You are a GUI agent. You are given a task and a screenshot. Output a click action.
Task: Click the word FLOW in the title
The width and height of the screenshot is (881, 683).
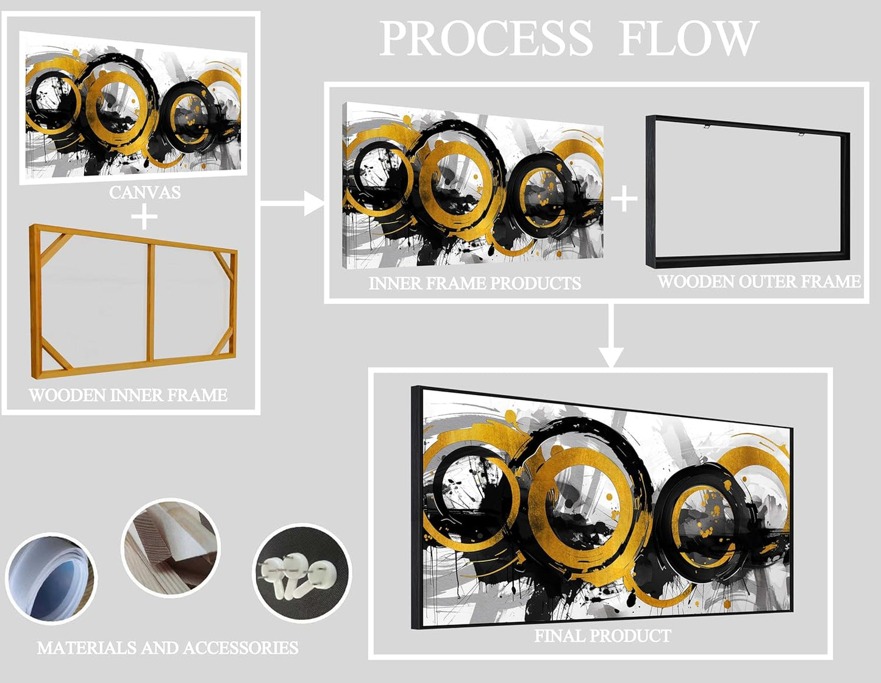pyautogui.click(x=688, y=39)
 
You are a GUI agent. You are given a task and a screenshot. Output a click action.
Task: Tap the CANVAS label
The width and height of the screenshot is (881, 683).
pyautogui.click(x=145, y=192)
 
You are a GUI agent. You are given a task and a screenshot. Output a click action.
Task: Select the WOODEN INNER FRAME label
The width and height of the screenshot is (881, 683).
pyautogui.click(x=128, y=395)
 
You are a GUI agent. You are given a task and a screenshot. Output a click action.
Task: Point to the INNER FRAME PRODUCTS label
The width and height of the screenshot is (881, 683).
pyautogui.click(x=474, y=283)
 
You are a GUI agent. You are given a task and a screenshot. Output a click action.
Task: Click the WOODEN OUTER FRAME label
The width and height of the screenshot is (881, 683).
pyautogui.click(x=759, y=281)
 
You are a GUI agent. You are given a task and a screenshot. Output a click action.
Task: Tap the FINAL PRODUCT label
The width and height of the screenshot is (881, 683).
pyautogui.click(x=602, y=635)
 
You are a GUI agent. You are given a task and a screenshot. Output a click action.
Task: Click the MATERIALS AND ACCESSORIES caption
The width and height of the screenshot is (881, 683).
pyautogui.click(x=168, y=648)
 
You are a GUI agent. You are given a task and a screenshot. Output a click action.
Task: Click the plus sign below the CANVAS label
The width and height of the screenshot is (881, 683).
pyautogui.click(x=144, y=216)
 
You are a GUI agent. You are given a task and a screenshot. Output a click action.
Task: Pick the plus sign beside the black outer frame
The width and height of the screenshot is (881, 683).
pyautogui.click(x=624, y=199)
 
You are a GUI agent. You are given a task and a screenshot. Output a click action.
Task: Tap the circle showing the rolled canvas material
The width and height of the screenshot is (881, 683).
pyautogui.click(x=51, y=578)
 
